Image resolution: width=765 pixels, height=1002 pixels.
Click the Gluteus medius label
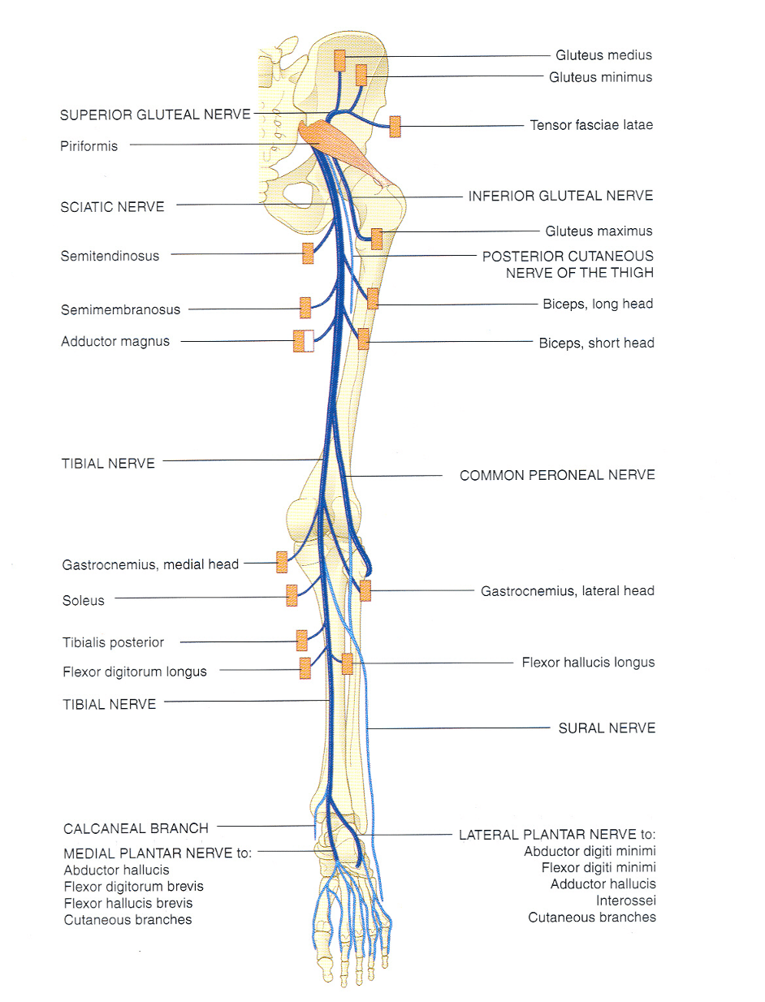(603, 55)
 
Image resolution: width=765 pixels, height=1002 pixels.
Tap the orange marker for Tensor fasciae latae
(395, 127)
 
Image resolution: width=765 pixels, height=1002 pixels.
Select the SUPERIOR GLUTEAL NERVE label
(155, 114)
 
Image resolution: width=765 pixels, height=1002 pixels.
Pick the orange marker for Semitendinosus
(308, 253)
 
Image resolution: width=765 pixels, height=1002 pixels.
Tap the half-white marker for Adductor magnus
(303, 341)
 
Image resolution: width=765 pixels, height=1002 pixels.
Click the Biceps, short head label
(596, 343)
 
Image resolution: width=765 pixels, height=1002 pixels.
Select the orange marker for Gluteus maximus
(376, 239)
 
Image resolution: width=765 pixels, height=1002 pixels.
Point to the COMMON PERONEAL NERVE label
(557, 475)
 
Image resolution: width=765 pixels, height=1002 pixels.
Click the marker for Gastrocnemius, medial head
(282, 562)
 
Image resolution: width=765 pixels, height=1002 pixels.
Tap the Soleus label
(84, 601)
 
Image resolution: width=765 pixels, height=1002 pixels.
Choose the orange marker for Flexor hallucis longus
(348, 663)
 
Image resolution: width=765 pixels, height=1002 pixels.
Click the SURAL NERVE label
(607, 728)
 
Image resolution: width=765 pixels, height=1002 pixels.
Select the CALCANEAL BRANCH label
(136, 828)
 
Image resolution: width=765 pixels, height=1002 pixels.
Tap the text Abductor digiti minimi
(590, 851)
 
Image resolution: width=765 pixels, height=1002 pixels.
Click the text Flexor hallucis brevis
(128, 903)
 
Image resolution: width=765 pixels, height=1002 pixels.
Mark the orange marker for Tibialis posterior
(301, 641)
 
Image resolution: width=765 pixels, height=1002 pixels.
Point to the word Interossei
(625, 901)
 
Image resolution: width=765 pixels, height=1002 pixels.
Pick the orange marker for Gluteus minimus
(361, 76)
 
